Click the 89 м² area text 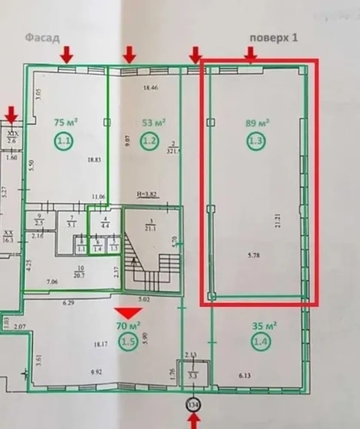[x=258, y=122]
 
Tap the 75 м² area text [x=66, y=122]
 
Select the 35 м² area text [x=265, y=325]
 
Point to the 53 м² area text [x=154, y=123]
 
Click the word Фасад [x=42, y=38]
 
